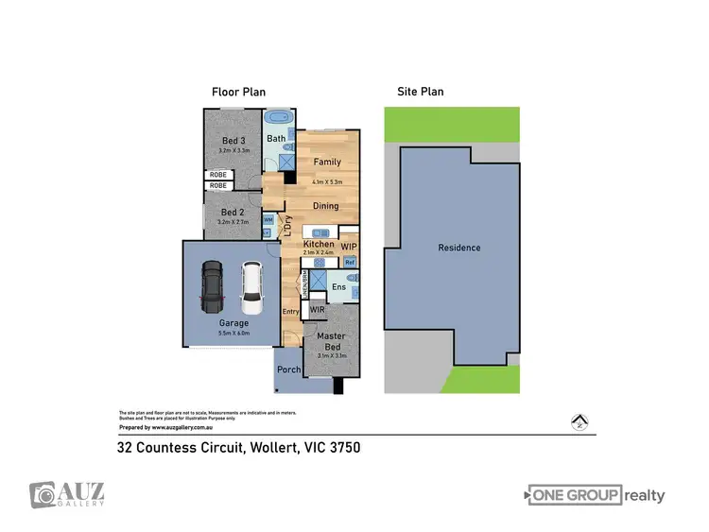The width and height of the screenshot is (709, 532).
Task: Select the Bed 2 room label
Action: point(233,213)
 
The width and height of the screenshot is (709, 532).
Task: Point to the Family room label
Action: point(327,163)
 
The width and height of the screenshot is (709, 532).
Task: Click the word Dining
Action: point(325,205)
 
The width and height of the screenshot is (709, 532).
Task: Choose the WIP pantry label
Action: point(349,244)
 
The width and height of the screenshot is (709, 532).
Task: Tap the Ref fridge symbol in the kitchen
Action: point(349,261)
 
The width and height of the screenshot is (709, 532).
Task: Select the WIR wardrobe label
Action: point(317,308)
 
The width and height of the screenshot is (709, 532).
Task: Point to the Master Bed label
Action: point(330,341)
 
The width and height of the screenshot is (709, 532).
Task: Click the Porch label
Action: point(288,369)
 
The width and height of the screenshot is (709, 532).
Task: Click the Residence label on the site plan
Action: point(458,248)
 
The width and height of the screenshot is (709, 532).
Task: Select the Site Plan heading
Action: point(420,92)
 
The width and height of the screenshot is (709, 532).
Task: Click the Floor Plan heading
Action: point(237,92)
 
